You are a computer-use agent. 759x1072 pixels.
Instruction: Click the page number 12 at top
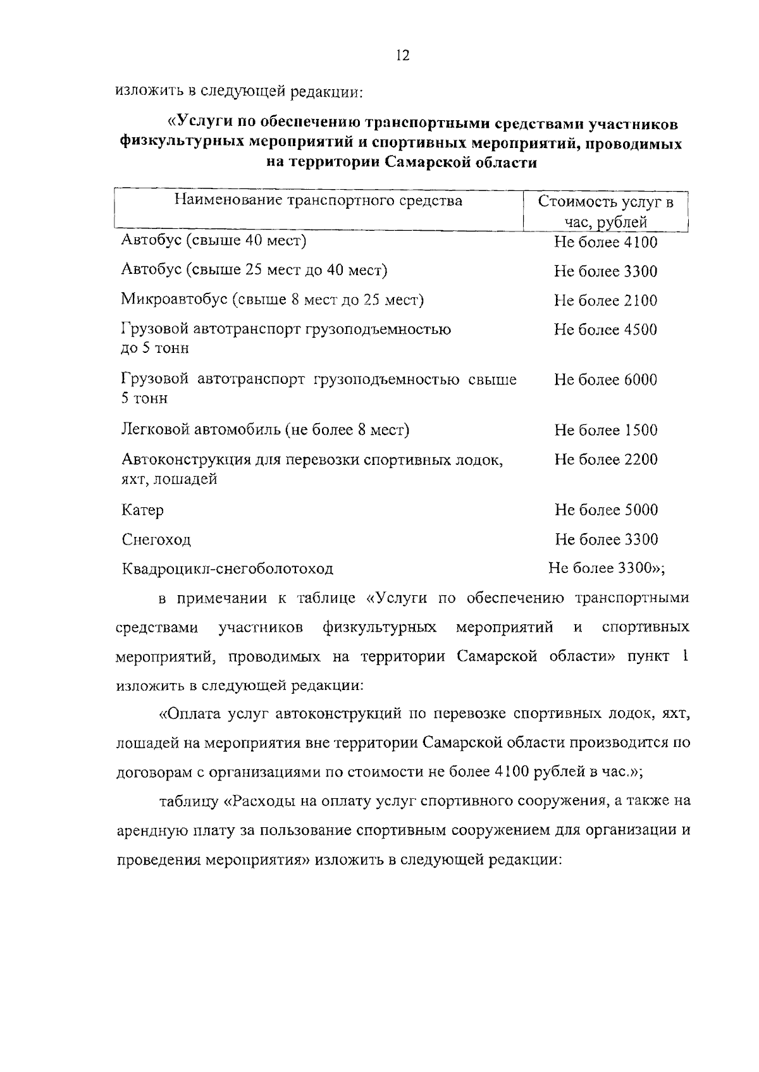pyautogui.click(x=402, y=56)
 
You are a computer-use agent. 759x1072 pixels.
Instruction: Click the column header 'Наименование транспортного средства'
pyautogui.click(x=318, y=201)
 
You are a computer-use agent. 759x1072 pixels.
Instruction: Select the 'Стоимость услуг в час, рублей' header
pyautogui.click(x=605, y=212)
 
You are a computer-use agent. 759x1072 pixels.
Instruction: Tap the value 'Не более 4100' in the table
pyautogui.click(x=605, y=242)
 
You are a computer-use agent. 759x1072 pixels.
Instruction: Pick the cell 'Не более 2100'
pyautogui.click(x=605, y=300)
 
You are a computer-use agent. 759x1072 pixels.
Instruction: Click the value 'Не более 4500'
pyautogui.click(x=605, y=330)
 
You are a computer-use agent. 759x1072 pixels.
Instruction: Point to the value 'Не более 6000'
pyautogui.click(x=605, y=380)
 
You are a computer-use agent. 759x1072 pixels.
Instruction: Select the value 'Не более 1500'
pyautogui.click(x=605, y=431)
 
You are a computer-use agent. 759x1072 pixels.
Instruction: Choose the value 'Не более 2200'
pyautogui.click(x=605, y=460)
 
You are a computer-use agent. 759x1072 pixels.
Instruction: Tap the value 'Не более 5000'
pyautogui.click(x=605, y=510)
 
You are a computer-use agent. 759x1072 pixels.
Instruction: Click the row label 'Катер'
pyautogui.click(x=142, y=510)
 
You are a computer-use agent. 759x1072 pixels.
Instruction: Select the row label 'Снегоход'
pyautogui.click(x=156, y=540)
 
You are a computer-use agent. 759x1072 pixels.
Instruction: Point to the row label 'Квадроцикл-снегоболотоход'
pyautogui.click(x=227, y=569)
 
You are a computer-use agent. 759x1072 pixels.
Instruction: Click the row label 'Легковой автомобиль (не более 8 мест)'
pyautogui.click(x=265, y=431)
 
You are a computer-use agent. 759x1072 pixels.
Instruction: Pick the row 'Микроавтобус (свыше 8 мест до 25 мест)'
pyautogui.click(x=272, y=300)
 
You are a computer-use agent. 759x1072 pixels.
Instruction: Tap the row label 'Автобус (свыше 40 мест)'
pyautogui.click(x=214, y=241)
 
